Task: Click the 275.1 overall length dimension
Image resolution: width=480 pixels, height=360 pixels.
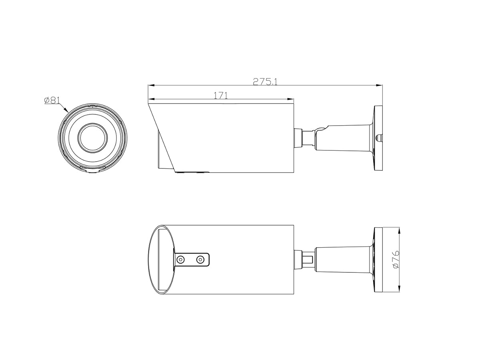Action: click(x=265, y=81)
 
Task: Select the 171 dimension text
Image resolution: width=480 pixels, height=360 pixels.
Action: click(x=220, y=95)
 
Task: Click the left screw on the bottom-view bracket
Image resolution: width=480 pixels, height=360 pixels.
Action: click(x=181, y=260)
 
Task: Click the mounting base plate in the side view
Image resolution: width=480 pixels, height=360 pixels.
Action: click(x=378, y=138)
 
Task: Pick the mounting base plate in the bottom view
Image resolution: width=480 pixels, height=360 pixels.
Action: click(x=378, y=260)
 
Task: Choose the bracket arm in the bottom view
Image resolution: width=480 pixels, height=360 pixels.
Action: click(x=344, y=260)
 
